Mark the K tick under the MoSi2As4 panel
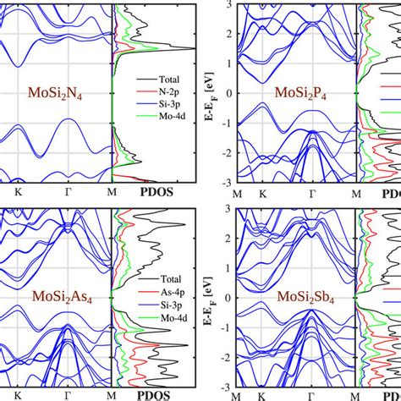click(x=17, y=393)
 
